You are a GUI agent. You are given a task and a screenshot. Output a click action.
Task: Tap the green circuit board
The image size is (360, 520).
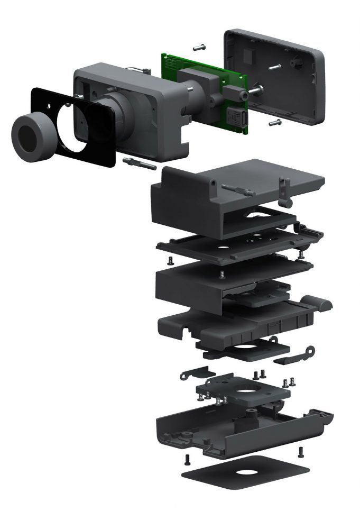coord(174,66)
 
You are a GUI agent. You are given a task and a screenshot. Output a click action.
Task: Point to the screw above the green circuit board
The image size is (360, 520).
coord(199,48)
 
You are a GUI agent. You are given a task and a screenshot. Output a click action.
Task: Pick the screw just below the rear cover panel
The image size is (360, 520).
coord(274,123)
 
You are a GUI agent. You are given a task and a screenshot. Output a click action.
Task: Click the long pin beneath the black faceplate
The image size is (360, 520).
coord(139,162)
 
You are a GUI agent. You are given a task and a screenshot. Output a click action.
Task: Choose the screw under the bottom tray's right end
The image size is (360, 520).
coord(301,451)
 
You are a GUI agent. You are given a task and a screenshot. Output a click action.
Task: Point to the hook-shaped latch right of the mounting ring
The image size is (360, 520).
coord(307,352)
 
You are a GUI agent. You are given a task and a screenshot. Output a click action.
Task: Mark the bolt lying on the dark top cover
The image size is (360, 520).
coord(237,189)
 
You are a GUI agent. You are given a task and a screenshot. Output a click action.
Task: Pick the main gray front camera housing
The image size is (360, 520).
coord(137,106)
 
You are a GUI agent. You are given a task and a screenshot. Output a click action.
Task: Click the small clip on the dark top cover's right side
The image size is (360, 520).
coord(286,192)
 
